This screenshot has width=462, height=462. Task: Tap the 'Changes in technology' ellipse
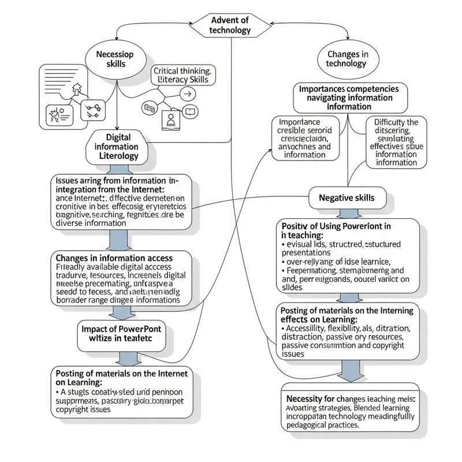[x=346, y=58]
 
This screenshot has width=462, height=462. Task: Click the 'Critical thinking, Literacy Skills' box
[x=183, y=75]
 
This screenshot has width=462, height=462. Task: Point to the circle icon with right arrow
[x=186, y=94]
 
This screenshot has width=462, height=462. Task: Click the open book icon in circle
[x=190, y=112]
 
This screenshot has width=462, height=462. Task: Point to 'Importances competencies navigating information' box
[x=350, y=98]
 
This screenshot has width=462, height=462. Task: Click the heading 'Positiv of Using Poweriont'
[x=336, y=225]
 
